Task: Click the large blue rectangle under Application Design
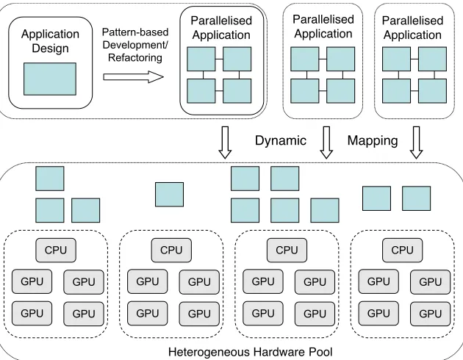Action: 50,79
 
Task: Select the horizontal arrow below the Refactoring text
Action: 133,77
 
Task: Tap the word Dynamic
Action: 281,140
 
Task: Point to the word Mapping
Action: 373,140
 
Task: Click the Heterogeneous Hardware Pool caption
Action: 251,352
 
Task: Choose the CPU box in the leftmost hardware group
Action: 56,251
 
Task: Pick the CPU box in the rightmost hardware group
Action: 403,251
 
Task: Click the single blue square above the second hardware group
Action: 170,195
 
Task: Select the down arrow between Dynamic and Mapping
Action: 326,143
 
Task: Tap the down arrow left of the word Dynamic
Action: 225,143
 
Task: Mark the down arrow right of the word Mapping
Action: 417,143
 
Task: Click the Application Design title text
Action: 50,41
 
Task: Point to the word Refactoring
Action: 135,57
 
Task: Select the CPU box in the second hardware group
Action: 171,251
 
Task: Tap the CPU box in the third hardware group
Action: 287,251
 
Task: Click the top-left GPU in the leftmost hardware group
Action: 32,281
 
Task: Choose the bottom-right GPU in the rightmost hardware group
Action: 431,314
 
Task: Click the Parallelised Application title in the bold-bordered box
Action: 221,28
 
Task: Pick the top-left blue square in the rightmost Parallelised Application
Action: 396,59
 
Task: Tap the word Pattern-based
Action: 135,32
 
